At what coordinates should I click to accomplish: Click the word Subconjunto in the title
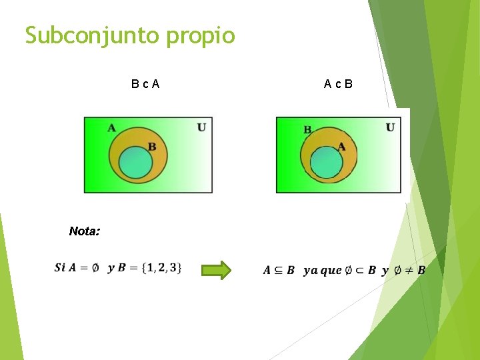pyautogui.click(x=93, y=35)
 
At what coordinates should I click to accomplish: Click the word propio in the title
pyautogui.click(x=201, y=36)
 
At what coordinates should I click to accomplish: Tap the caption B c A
pyautogui.click(x=145, y=84)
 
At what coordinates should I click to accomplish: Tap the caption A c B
pyautogui.click(x=338, y=84)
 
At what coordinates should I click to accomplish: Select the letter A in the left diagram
pyautogui.click(x=111, y=128)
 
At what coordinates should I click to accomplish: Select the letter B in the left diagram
pyautogui.click(x=152, y=147)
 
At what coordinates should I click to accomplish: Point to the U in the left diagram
pyautogui.click(x=201, y=127)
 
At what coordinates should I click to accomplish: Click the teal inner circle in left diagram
pyautogui.click(x=135, y=163)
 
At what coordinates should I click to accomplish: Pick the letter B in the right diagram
pyautogui.click(x=307, y=129)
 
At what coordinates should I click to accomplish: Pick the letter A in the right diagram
pyautogui.click(x=341, y=147)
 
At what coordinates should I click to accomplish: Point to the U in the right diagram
pyautogui.click(x=390, y=127)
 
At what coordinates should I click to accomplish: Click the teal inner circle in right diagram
pyautogui.click(x=327, y=163)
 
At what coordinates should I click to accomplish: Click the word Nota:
pyautogui.click(x=85, y=231)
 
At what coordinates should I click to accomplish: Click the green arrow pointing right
pyautogui.click(x=216, y=270)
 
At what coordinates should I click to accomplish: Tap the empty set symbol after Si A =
pyautogui.click(x=95, y=268)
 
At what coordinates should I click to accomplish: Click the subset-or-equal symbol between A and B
pyautogui.click(x=279, y=270)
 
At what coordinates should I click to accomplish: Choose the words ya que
pyautogui.click(x=322, y=271)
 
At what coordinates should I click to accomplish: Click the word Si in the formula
pyautogui.click(x=60, y=268)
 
